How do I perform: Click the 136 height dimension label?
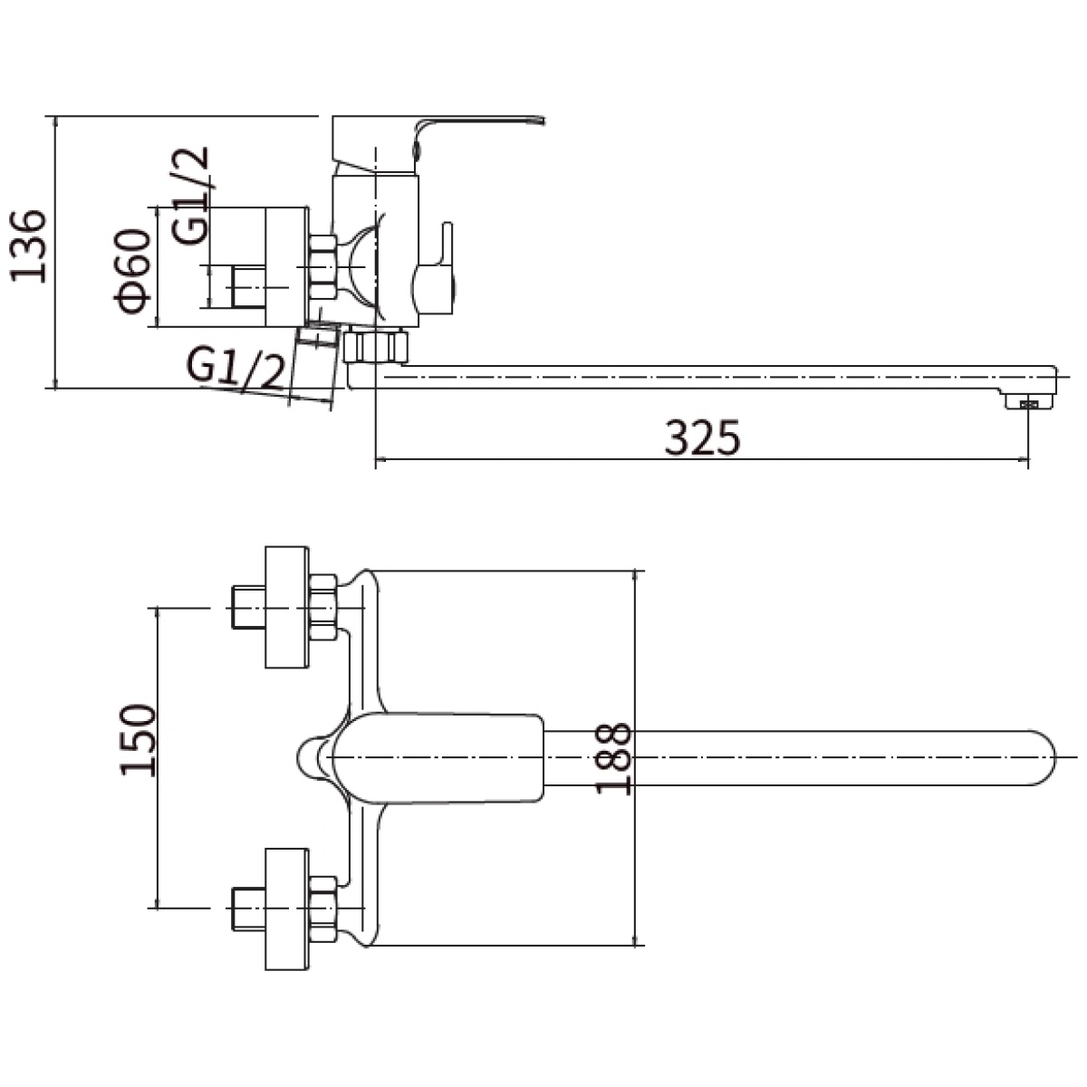(28, 246)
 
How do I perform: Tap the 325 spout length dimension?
(702, 438)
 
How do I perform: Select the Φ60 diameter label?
(134, 272)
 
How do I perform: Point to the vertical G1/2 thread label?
(191, 196)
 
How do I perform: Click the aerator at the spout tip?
(1030, 403)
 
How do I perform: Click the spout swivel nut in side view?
(376, 346)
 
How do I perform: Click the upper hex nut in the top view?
(323, 607)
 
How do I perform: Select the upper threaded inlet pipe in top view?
(248, 607)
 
